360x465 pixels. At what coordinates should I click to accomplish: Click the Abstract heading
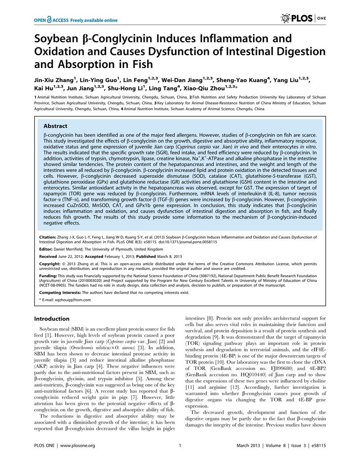point(55,126)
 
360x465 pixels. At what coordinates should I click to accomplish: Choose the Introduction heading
point(52,319)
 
